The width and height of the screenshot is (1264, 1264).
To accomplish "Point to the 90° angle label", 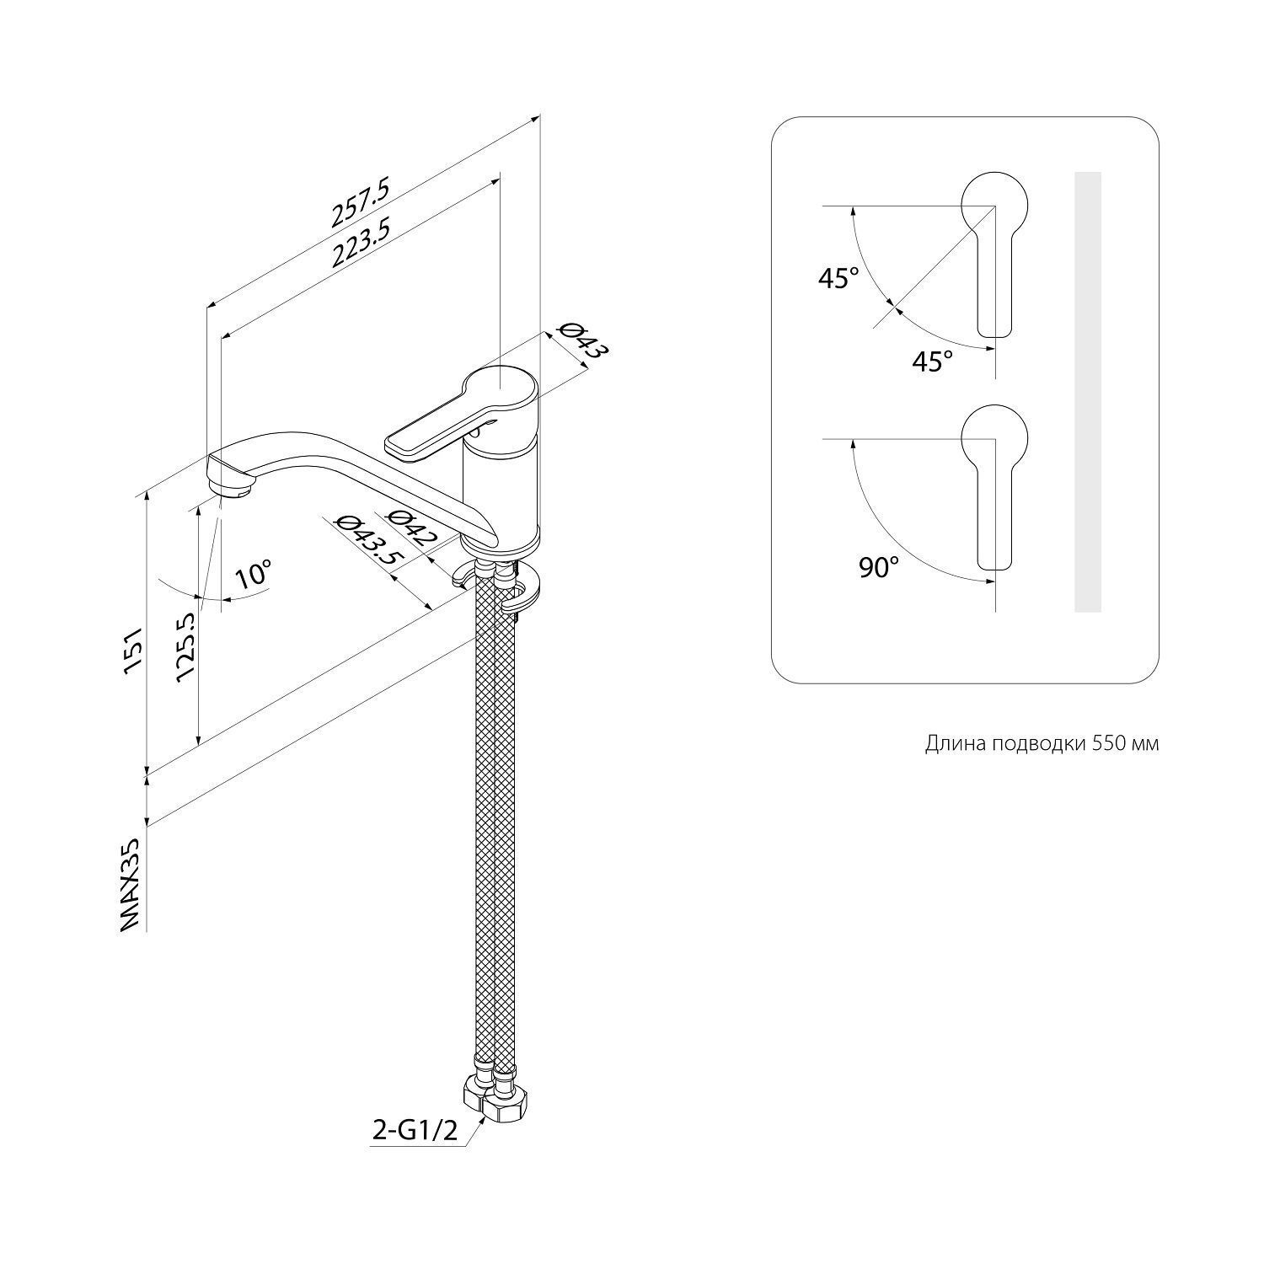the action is click(x=879, y=568).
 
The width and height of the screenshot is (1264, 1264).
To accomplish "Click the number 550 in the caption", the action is click(x=1109, y=743).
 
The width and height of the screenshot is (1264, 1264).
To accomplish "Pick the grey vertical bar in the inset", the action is click(x=1088, y=391).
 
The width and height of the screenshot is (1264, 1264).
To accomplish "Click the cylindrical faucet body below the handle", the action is click(x=501, y=493).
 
